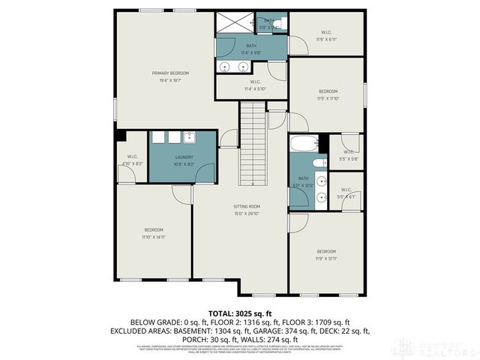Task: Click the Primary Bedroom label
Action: click(170, 73)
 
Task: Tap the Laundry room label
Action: click(174, 157)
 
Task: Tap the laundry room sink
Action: click(190, 136)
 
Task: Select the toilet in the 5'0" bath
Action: click(280, 25)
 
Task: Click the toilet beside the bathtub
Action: click(318, 162)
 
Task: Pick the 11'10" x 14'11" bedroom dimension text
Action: click(154, 237)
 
